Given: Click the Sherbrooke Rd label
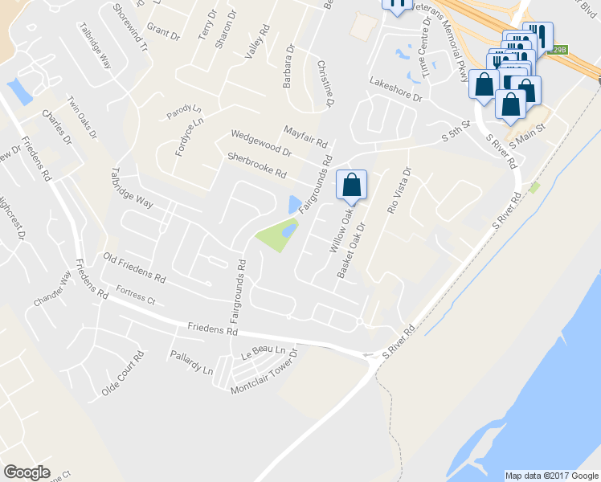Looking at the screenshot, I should (257, 165).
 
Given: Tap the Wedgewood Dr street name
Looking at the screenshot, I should (261, 143).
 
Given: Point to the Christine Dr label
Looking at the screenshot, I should (325, 84).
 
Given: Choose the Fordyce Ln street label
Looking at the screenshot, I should (190, 137).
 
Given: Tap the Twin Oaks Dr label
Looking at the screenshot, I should (82, 118).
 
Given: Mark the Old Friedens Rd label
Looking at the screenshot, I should (134, 268).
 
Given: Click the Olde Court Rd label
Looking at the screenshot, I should (123, 374).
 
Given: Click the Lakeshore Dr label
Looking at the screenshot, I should (395, 91).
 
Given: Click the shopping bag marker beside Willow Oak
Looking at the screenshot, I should (352, 185).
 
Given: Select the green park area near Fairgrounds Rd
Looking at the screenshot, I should (273, 235).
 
